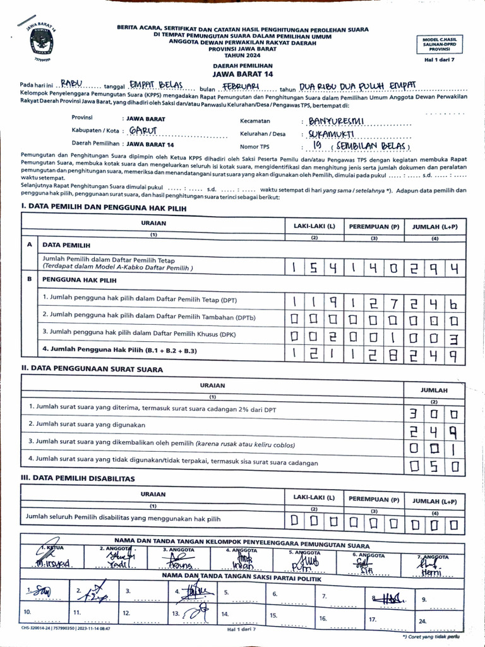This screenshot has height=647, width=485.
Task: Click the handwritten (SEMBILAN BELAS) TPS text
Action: click(373, 147)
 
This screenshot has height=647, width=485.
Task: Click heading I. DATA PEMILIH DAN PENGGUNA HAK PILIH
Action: click(104, 207)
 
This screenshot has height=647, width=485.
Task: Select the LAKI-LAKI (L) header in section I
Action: click(314, 226)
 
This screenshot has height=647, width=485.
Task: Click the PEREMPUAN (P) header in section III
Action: click(374, 499)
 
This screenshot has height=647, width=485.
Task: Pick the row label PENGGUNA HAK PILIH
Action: click(80, 279)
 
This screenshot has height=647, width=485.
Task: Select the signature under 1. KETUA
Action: click(56, 560)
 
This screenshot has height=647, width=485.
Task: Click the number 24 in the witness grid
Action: click(422, 621)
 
